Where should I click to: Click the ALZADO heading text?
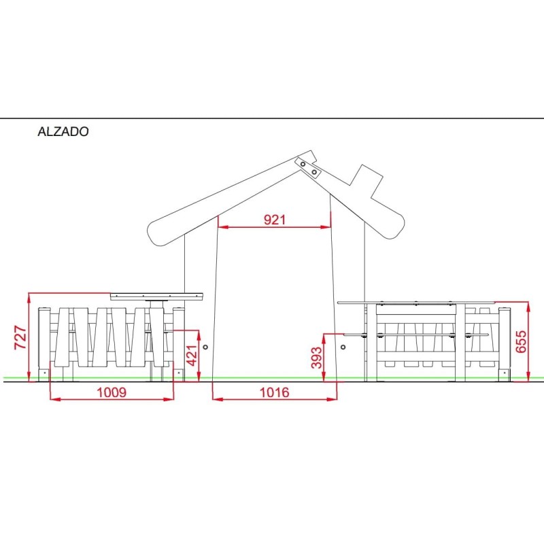tap(63, 131)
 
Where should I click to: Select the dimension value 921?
tap(275, 220)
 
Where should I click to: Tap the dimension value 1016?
tap(275, 392)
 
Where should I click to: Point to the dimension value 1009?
tap(112, 392)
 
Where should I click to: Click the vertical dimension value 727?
tap(20, 337)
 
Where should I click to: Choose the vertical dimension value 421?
tap(192, 355)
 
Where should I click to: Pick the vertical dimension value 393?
tap(316, 358)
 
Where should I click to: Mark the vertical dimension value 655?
tap(521, 342)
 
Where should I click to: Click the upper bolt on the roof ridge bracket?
tap(303, 164)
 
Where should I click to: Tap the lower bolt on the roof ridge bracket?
tap(314, 172)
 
